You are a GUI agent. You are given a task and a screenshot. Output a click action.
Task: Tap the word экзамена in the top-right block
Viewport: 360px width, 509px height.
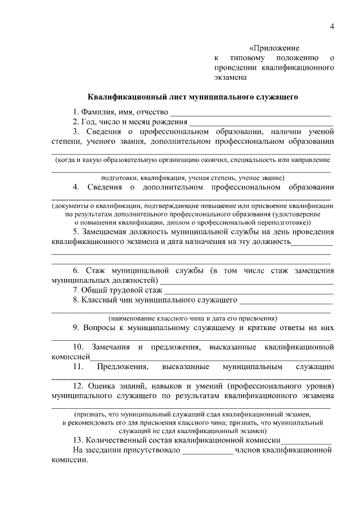pos(231,78)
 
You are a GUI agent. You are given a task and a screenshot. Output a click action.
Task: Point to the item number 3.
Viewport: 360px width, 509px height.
pos(75,131)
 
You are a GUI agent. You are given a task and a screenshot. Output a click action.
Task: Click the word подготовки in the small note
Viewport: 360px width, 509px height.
pos(132,175)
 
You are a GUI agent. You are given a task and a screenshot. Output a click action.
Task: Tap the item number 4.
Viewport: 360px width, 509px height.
pos(75,186)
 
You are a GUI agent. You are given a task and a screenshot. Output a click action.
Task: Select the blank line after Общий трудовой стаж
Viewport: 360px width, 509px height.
pos(247,290)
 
